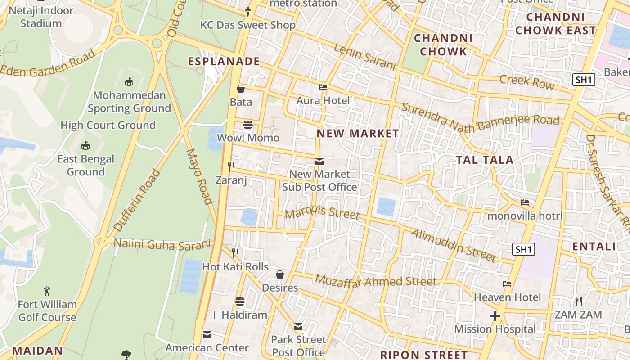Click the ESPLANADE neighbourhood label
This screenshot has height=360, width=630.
pos(224,61)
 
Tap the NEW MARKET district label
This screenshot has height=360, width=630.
pos(358,133)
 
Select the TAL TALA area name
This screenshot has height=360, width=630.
pos(485,160)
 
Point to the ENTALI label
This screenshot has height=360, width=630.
pos(594,246)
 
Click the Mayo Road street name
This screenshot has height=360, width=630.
pos(198,176)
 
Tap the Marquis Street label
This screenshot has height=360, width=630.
pos(322,212)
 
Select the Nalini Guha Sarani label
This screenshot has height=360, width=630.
pos(162,244)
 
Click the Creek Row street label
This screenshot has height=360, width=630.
pos(527,82)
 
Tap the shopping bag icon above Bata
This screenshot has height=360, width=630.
pos(241,89)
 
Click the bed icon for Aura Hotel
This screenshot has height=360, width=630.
pos(323,87)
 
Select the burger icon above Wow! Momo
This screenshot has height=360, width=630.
pos(248,125)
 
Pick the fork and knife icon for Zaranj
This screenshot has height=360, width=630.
pos(231,167)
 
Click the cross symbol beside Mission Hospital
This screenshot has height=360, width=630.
pos(495,316)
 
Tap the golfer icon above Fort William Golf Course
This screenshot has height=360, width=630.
pos(47,291)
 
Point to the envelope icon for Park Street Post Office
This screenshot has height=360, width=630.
pos(298,327)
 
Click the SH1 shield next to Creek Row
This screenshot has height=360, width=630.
pos(584,80)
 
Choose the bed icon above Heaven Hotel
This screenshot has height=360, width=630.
pos(507,284)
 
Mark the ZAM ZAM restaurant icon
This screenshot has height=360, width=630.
pos(578,301)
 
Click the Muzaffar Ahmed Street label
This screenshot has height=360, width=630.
pos(375,281)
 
